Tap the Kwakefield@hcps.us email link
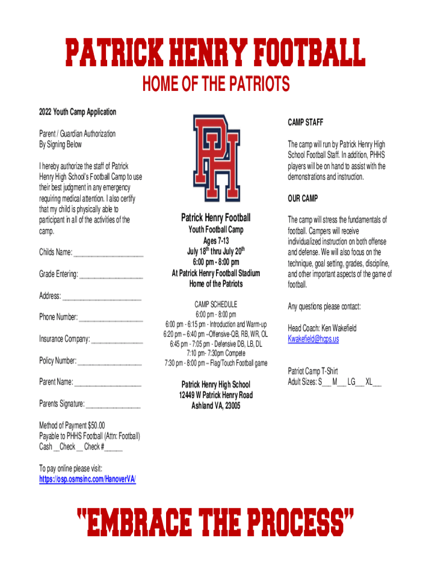313,339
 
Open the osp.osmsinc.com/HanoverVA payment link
87,479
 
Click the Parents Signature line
113,404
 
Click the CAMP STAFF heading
305,122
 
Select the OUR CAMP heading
302,199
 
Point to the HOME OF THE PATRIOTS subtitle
216,85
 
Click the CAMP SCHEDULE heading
216,304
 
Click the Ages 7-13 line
216,241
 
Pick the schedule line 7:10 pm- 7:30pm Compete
216,353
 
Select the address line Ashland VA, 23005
216,405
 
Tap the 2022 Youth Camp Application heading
77,112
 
